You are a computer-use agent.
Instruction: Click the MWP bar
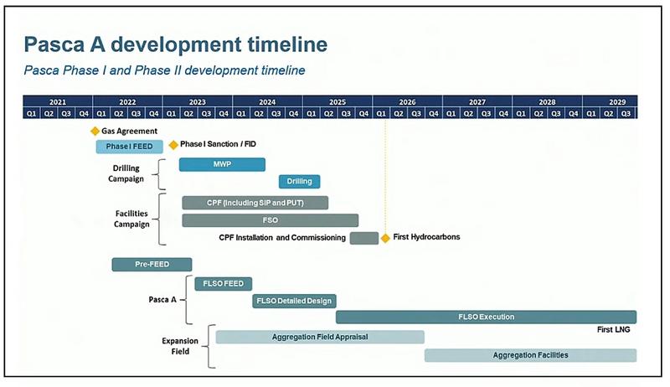(x=222, y=164)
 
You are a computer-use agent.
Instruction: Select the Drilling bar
(x=300, y=182)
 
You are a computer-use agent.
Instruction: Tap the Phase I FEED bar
(x=130, y=147)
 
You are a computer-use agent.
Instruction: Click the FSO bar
(x=270, y=220)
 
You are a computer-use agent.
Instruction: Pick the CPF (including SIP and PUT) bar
(x=255, y=203)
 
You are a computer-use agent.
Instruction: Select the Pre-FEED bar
(x=152, y=265)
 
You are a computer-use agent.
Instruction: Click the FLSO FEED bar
(x=224, y=284)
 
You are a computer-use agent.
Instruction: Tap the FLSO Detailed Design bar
(x=295, y=302)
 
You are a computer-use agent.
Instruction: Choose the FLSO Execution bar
(x=487, y=317)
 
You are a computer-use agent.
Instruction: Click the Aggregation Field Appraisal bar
(x=320, y=337)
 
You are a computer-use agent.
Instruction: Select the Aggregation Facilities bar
(x=530, y=355)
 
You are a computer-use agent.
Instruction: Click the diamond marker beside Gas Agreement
(x=95, y=132)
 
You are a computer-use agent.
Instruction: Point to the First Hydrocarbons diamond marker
(x=385, y=238)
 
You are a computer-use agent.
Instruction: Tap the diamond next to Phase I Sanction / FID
(x=173, y=145)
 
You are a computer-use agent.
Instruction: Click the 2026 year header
(x=407, y=102)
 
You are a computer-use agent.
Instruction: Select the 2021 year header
(x=58, y=102)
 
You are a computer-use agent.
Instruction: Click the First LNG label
(x=613, y=330)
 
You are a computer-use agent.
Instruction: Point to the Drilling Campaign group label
(x=126, y=173)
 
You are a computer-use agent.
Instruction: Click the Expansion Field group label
(x=180, y=346)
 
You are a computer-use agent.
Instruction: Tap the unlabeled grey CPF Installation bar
(x=364, y=239)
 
